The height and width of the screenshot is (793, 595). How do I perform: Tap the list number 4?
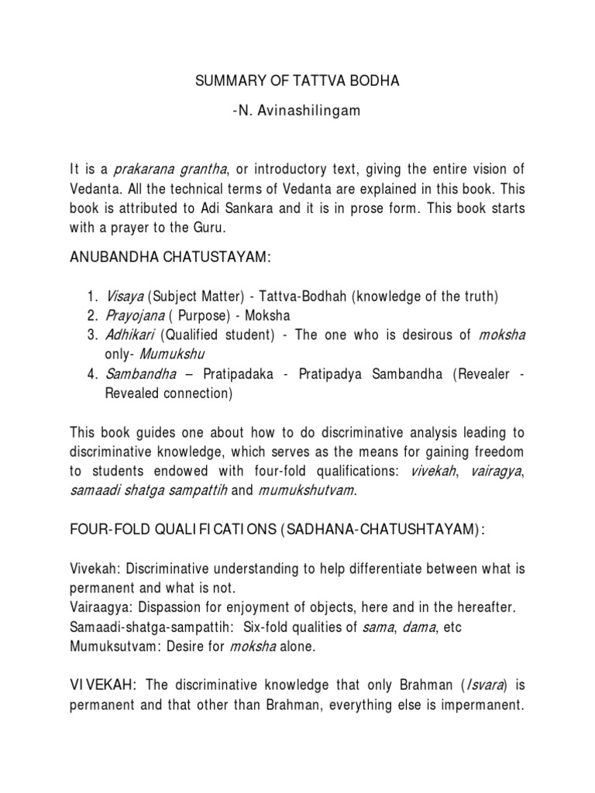coord(92,374)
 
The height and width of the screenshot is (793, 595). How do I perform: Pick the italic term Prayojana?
coord(136,315)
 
